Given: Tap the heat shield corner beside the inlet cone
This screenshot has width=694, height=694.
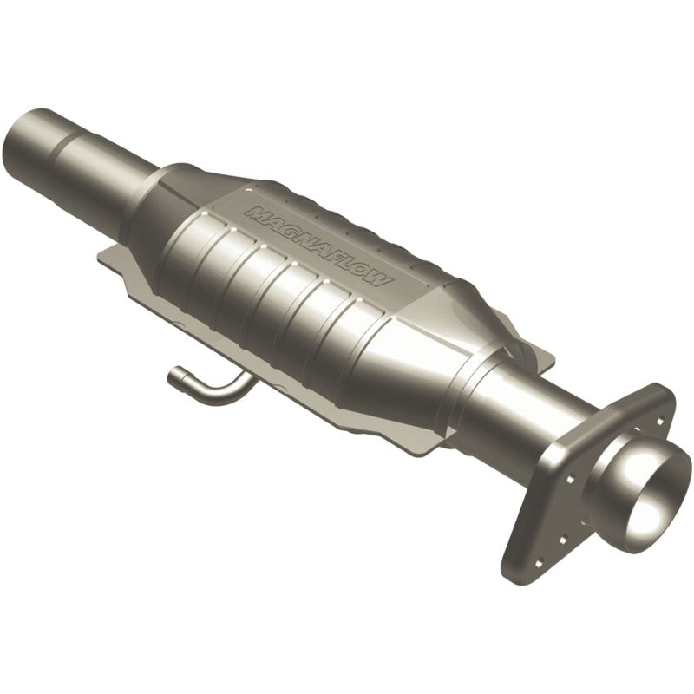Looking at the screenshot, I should [x=104, y=256].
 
